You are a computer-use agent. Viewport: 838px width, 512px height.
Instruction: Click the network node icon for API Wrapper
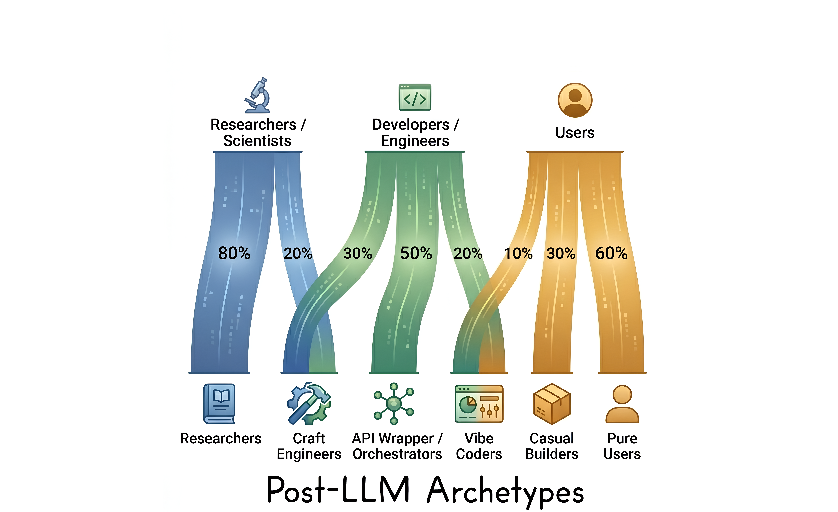394,404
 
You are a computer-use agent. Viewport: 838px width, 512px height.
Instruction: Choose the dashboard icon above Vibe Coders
479,404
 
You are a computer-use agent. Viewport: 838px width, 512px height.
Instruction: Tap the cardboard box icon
552,404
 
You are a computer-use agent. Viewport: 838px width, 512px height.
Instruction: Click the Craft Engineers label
309,446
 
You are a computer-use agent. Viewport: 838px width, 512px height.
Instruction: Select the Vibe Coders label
479,446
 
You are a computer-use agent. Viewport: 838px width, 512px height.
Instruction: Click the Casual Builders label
552,446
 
